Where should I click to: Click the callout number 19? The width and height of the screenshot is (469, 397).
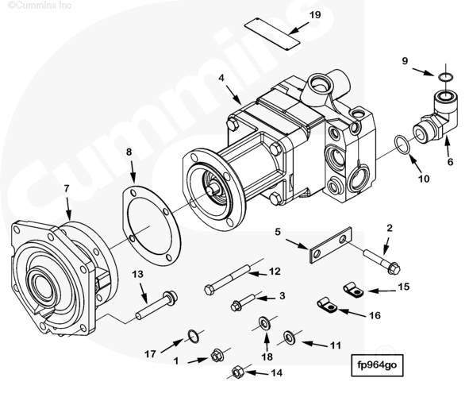click(315, 14)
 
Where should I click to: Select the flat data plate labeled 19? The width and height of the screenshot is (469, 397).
click(272, 34)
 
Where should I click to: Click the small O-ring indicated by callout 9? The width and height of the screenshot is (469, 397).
click(446, 77)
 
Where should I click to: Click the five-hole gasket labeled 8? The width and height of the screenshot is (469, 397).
click(152, 225)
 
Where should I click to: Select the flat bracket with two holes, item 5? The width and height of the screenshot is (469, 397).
click(331, 245)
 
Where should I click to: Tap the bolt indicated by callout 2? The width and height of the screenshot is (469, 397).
click(382, 261)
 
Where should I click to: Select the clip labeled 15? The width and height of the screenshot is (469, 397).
click(352, 289)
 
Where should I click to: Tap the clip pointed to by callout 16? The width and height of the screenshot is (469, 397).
click(327, 305)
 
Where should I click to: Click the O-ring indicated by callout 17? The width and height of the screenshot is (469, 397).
click(194, 337)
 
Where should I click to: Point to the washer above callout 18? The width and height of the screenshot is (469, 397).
click(264, 323)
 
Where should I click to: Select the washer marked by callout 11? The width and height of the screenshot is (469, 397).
click(289, 337)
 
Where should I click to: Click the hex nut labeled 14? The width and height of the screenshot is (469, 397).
click(237, 372)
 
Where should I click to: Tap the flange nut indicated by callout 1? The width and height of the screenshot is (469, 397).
click(217, 356)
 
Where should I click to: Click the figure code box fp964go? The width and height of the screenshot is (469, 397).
click(377, 365)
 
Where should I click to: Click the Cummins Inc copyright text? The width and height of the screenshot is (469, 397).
click(40, 5)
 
